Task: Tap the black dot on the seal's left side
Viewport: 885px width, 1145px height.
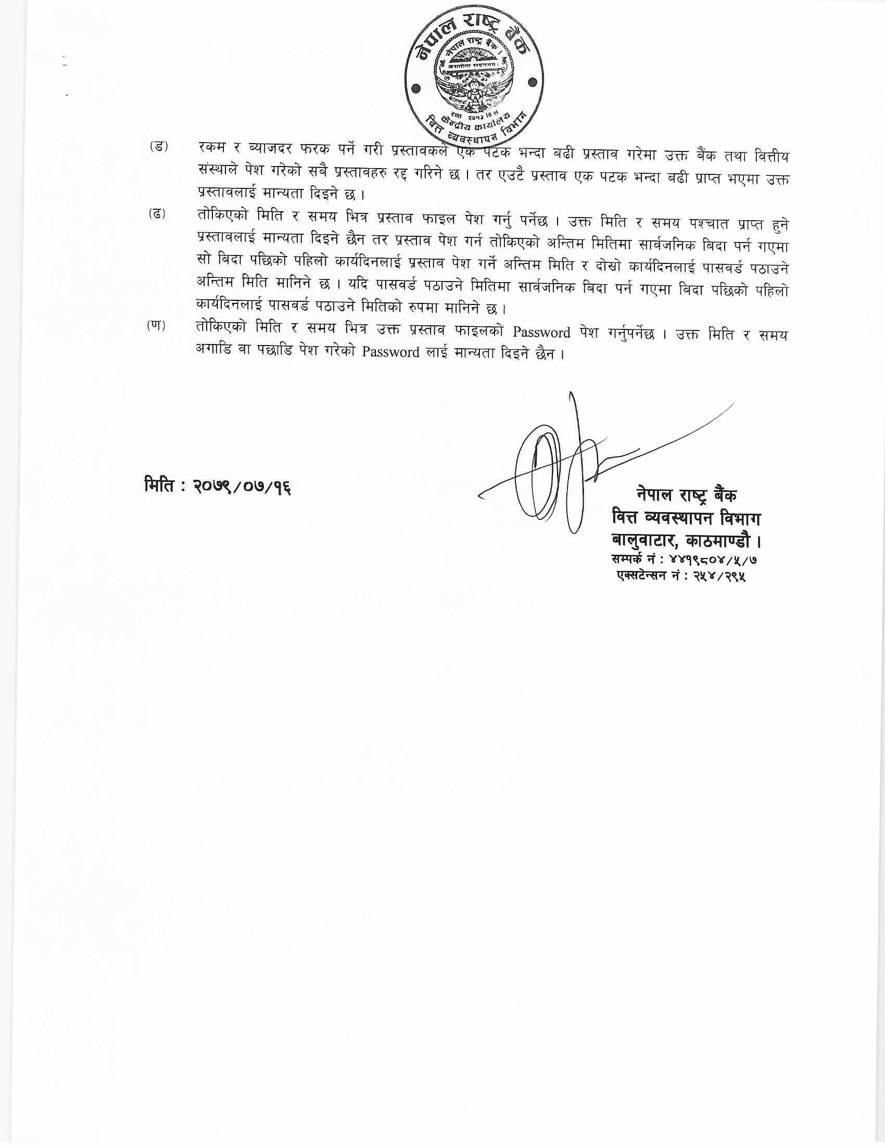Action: click(416, 89)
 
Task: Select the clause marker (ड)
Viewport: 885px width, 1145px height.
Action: click(158, 146)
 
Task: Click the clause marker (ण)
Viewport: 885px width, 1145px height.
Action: click(156, 326)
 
